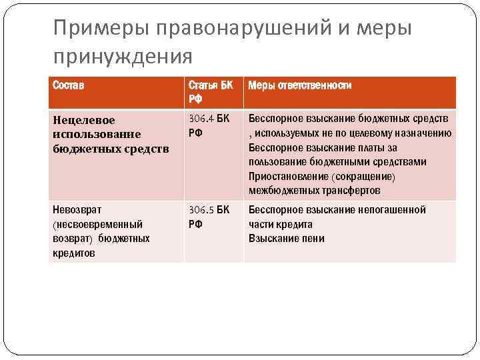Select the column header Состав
pyautogui.click(x=69, y=86)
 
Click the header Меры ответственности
pyautogui.click(x=300, y=86)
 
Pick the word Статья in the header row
pyautogui.click(x=201, y=86)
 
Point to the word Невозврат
pyautogui.click(x=77, y=210)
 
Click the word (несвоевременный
pyautogui.click(x=97, y=225)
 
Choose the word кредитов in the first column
pyautogui.click(x=74, y=253)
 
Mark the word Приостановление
pyautogui.click(x=287, y=177)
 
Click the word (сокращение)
pyautogui.click(x=363, y=177)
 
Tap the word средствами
pyautogui.click(x=397, y=162)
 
